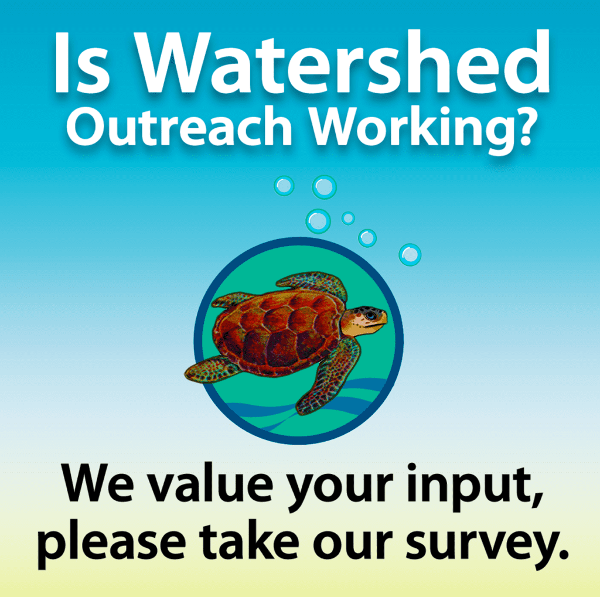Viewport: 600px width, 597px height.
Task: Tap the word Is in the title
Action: (x=82, y=63)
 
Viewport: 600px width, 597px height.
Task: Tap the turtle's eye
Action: (x=370, y=316)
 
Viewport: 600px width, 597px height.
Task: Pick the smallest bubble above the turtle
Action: (x=348, y=218)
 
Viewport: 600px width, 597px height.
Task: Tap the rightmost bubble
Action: (x=410, y=254)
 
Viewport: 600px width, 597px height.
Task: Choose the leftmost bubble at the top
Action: (x=284, y=186)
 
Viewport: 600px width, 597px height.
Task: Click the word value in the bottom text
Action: (x=211, y=484)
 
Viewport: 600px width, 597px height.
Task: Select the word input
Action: (x=475, y=487)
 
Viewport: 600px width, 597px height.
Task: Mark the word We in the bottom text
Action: (x=98, y=483)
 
